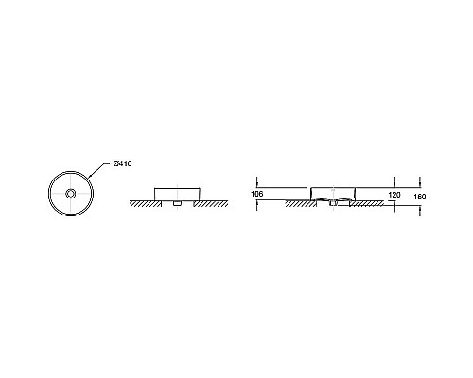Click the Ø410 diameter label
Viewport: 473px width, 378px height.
coord(123,164)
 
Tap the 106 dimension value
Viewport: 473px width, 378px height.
coord(257,194)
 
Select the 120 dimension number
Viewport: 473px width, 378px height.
coord(395,194)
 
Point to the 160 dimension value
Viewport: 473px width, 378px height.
coord(419,197)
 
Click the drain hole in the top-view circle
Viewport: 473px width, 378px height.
coord(70,192)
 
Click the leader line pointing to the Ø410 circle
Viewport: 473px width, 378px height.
coord(100,171)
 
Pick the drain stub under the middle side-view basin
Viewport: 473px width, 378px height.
coord(176,203)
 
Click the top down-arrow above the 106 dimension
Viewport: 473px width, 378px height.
coord(257,182)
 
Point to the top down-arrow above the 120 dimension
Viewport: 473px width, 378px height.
coord(395,182)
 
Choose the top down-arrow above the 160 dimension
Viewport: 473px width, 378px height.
coord(419,182)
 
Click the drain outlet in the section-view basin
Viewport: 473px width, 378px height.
coord(334,203)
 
